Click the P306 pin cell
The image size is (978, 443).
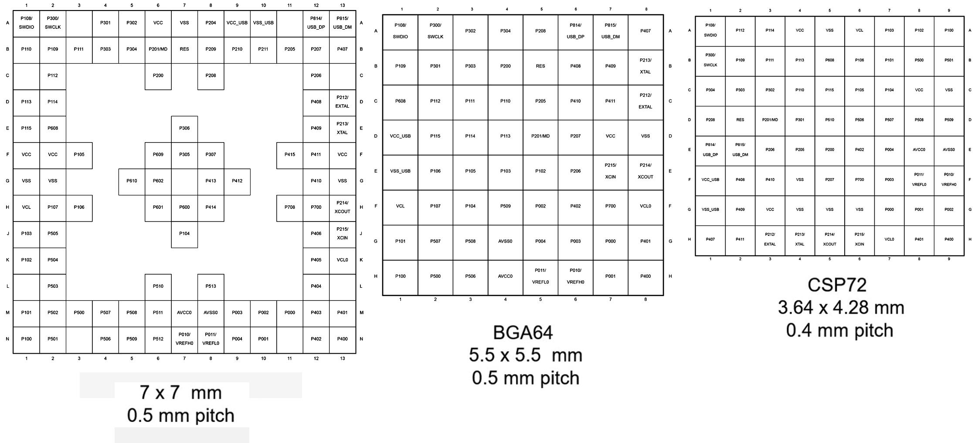184,128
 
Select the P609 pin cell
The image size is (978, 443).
158,154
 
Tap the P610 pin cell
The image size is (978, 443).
132,181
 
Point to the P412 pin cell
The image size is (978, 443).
237,181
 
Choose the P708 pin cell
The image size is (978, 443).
290,207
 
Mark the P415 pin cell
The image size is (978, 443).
290,154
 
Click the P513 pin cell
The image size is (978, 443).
211,286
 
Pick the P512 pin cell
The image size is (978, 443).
158,339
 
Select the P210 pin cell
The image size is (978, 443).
237,49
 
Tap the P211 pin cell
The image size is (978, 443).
263,49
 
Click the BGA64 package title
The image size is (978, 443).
523,333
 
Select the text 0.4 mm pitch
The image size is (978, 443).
839,330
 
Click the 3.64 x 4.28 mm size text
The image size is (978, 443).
841,308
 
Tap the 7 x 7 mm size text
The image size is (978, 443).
181,392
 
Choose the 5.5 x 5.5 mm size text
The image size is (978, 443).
525,355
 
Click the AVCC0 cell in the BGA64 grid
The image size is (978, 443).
505,276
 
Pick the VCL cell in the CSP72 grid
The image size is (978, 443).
859,31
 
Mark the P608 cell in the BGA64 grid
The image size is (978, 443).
400,101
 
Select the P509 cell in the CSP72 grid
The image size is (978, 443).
948,120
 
